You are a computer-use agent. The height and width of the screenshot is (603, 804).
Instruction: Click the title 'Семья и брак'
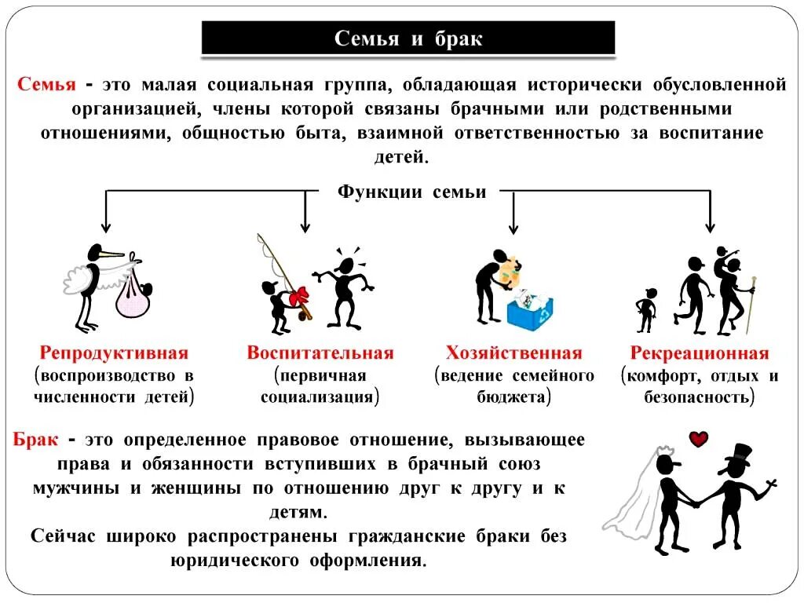408,38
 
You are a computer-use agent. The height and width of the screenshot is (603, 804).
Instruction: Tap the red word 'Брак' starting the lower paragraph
35,440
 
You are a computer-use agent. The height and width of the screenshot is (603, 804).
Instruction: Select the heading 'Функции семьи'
411,192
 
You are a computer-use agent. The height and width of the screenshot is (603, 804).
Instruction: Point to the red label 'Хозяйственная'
513,353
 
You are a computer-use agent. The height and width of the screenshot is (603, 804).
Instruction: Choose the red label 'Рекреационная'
700,353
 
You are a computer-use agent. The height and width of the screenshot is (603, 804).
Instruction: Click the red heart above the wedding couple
698,439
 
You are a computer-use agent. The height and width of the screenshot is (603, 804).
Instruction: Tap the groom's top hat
738,454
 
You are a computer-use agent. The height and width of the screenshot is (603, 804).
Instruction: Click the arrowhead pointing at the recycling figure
513,228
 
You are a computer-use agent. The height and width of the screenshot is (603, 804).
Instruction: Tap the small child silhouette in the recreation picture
645,309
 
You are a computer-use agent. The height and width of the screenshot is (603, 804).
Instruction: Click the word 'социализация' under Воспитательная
318,397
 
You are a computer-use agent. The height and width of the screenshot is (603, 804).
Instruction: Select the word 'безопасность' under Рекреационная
696,397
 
